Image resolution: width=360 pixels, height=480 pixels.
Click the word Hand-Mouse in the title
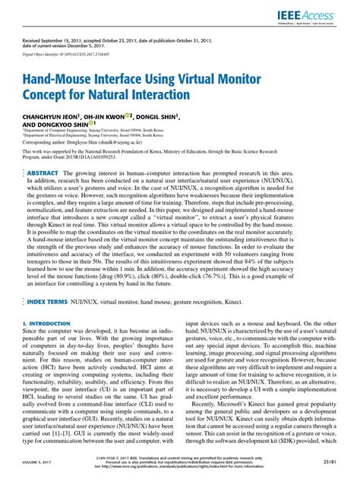tap(67, 81)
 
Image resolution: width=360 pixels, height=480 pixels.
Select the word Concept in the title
tap(58, 96)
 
